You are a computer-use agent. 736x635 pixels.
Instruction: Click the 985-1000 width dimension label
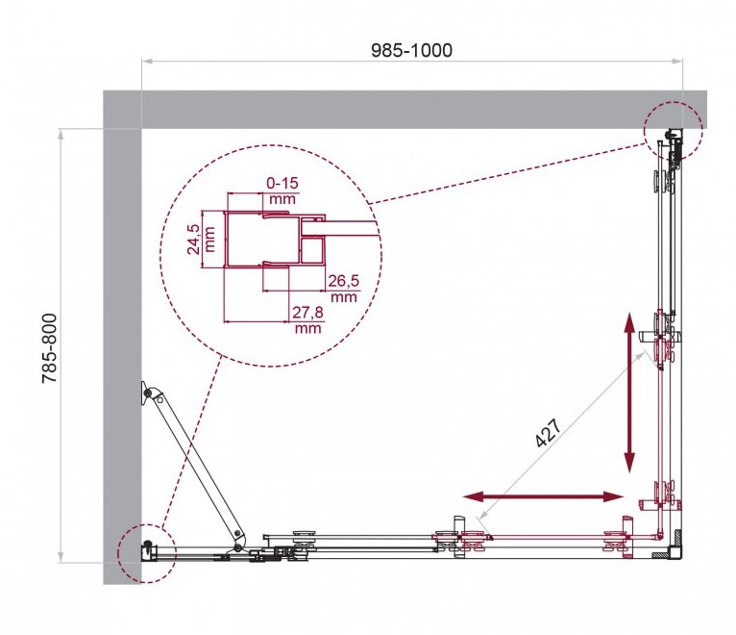tap(411, 50)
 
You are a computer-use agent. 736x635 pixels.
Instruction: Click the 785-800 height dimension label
tap(50, 348)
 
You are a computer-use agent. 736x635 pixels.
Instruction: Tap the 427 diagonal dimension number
tap(548, 432)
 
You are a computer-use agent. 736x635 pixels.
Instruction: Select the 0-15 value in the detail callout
tap(282, 183)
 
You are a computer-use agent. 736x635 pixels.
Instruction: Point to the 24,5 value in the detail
tap(194, 240)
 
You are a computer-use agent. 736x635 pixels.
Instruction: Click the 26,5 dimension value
tap(343, 281)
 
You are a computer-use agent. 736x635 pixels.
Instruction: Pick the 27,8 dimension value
tap(307, 312)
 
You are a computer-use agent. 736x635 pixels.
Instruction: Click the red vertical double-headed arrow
tap(629, 393)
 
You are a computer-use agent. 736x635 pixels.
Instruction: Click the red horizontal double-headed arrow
tap(544, 496)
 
